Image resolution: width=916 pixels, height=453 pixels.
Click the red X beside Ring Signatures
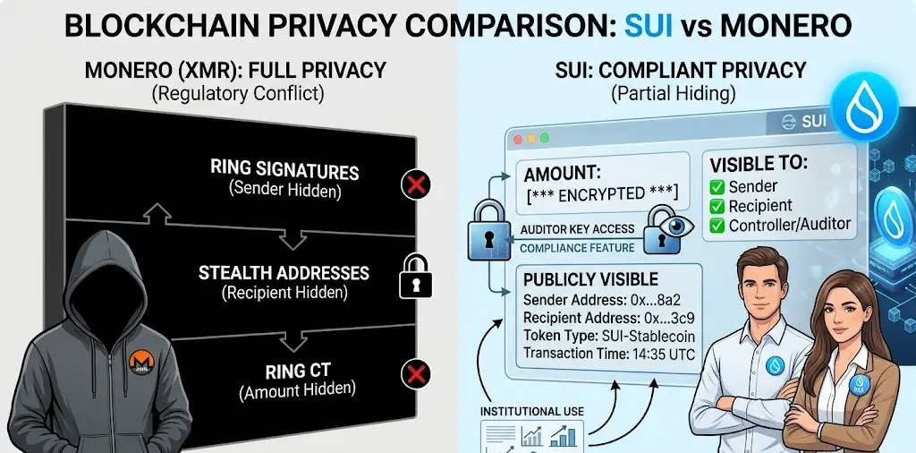pos(416,186)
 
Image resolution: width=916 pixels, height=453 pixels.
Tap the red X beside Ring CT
pos(415,374)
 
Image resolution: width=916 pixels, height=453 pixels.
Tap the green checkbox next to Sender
pos(717,187)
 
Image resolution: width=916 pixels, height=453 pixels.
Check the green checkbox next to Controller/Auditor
pos(717,225)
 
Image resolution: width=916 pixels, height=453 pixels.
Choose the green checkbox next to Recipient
pos(717,206)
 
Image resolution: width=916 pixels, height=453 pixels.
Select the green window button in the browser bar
pos(545,138)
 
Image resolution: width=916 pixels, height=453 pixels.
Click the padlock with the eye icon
pos(667,231)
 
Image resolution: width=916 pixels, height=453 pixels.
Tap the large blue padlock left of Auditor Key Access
pos(488,228)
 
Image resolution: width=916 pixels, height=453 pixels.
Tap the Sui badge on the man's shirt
pos(774,366)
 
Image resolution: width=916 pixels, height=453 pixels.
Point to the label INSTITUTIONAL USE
pos(532,412)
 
